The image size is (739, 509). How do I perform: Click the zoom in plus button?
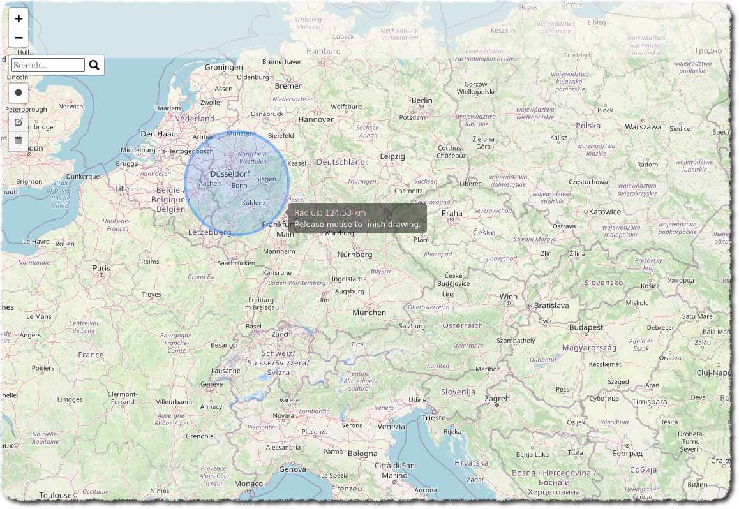19,18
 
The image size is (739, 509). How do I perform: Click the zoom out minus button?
19,38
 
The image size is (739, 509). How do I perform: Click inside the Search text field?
48,65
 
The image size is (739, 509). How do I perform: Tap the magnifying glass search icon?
94,65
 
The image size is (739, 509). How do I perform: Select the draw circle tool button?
19,92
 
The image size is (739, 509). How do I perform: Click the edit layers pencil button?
19,122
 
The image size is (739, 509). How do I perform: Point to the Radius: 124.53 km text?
329,212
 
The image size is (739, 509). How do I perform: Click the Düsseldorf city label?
230,173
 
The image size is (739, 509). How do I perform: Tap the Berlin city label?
422,100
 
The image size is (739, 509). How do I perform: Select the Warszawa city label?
643,127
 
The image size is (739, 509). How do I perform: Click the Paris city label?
101,269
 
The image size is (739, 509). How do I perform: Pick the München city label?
369,313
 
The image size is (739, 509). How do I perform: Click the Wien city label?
509,297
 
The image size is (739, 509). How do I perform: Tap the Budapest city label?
586,327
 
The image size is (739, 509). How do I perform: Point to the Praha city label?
452,213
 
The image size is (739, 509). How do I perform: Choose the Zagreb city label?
497,399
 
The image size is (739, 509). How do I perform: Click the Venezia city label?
391,427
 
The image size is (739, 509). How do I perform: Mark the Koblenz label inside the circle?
253,203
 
